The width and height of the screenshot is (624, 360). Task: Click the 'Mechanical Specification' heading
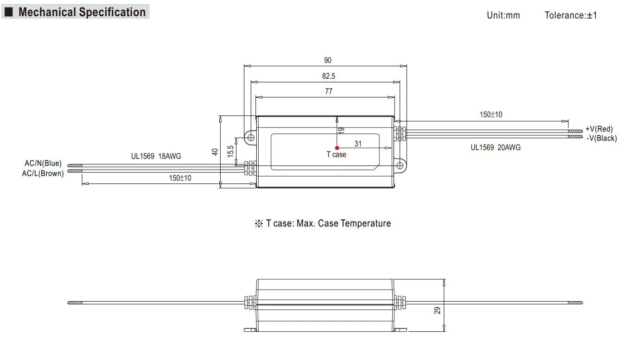click(82, 12)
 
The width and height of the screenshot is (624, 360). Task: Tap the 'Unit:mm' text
click(503, 15)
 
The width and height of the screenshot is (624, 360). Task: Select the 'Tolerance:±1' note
click(571, 15)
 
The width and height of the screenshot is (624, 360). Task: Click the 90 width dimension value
click(328, 60)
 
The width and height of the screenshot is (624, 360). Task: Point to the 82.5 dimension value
click(328, 76)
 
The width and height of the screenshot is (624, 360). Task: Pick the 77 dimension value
click(328, 91)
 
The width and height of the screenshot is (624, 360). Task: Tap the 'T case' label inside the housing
click(336, 155)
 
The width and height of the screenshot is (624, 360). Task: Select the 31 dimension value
click(358, 144)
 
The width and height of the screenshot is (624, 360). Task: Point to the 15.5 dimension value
click(230, 151)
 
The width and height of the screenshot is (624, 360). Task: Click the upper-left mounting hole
click(250, 138)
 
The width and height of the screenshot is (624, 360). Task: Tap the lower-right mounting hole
click(399, 165)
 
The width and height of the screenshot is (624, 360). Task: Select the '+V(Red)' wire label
click(599, 129)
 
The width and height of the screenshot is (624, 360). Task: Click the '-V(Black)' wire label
click(601, 138)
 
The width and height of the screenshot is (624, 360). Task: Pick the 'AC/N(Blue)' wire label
click(43, 163)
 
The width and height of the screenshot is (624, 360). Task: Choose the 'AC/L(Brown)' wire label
click(43, 173)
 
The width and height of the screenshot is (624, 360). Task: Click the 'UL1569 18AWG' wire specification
click(156, 156)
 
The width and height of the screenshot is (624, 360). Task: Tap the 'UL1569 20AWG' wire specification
click(495, 147)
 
